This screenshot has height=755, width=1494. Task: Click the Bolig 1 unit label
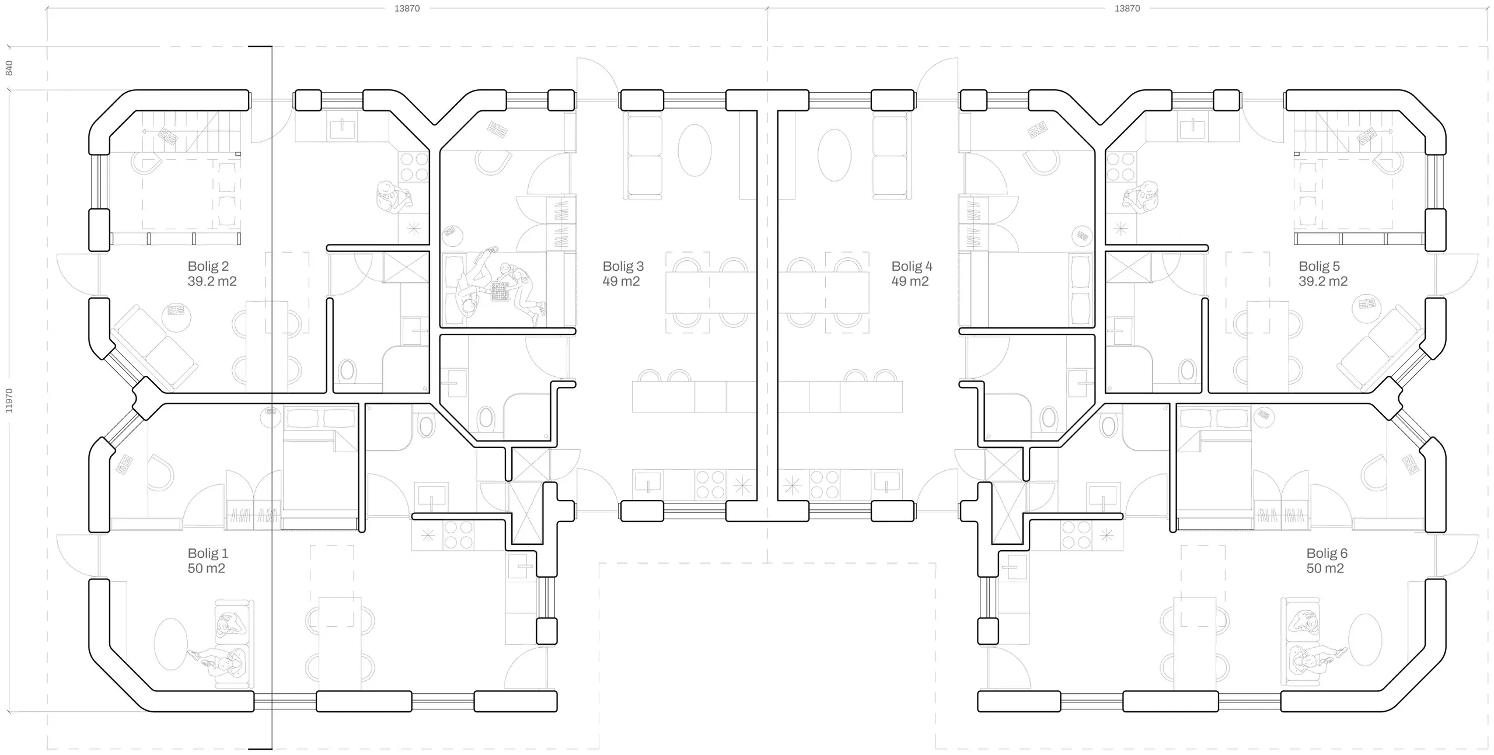[207, 560]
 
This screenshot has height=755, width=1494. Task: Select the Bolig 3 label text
[623, 273]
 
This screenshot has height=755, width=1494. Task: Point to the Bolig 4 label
[911, 273]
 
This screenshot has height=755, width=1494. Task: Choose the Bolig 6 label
[1327, 560]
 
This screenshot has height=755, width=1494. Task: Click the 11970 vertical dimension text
[9, 401]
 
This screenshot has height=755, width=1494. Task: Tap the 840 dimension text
[9, 68]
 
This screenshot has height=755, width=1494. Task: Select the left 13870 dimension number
[407, 8]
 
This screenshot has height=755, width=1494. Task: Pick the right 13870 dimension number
[1127, 8]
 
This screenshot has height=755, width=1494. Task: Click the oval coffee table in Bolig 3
[694, 150]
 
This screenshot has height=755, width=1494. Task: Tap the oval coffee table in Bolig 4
[834, 155]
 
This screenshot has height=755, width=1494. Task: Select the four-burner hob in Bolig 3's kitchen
[710, 485]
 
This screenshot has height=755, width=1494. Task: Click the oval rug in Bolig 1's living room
[170, 644]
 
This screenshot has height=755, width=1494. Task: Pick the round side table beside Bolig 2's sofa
[176, 317]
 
